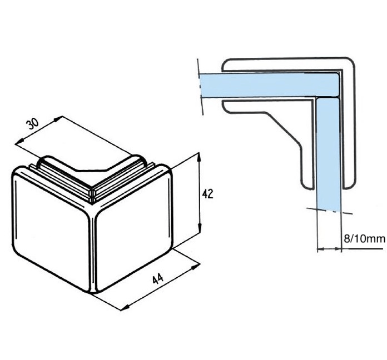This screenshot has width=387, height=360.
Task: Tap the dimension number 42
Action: (208, 194)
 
